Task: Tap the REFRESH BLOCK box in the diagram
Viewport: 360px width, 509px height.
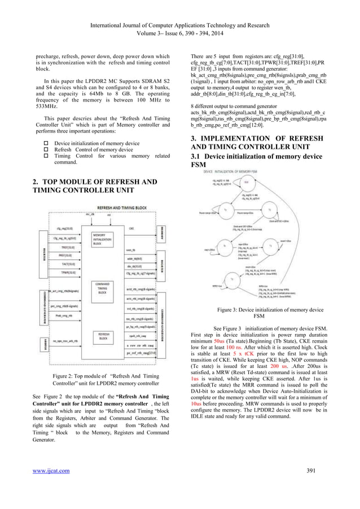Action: [104, 336]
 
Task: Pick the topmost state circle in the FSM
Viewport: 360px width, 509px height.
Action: [245, 182]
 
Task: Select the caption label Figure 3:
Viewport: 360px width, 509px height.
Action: [231, 309]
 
